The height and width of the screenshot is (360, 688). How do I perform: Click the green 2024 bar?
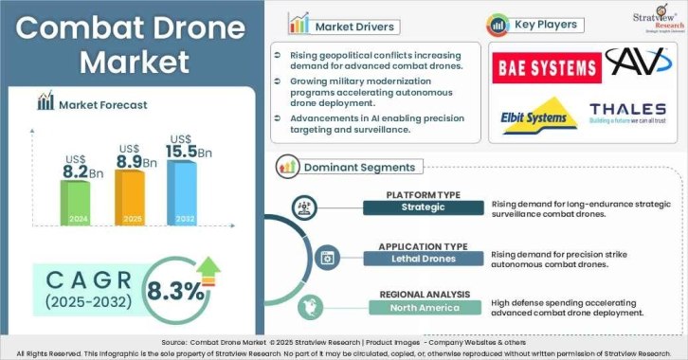click(76, 202)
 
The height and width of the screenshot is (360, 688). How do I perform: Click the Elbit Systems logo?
click(536, 116)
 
